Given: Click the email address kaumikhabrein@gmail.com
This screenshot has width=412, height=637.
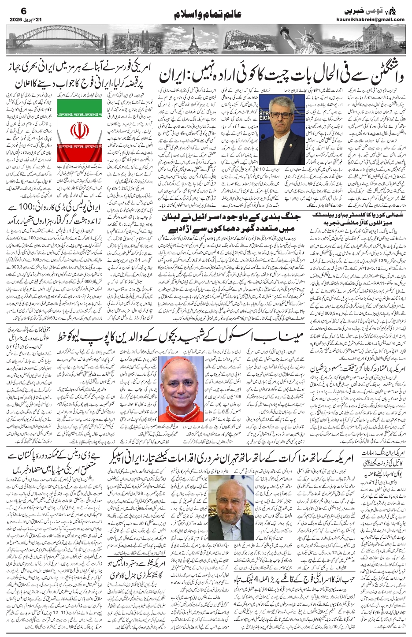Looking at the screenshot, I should [375, 19].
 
